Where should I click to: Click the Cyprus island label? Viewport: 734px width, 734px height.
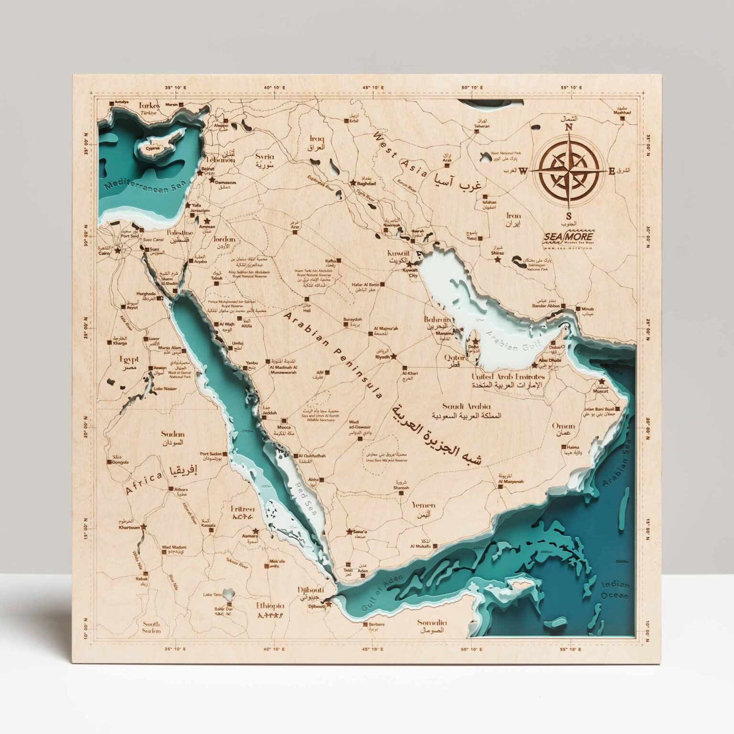tap(153, 148)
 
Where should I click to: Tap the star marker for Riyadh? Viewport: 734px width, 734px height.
tap(394, 356)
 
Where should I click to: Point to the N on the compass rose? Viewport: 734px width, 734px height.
tap(569, 128)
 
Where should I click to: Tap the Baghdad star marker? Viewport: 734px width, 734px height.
tap(353, 183)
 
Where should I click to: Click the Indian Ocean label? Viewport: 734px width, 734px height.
tap(615, 591)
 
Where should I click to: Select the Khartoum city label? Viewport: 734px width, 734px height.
tap(129, 528)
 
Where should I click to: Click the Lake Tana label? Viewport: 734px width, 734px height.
tap(212, 594)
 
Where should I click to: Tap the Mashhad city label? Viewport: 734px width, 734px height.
tap(622, 113)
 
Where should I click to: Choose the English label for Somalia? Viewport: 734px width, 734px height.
tap(432, 623)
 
